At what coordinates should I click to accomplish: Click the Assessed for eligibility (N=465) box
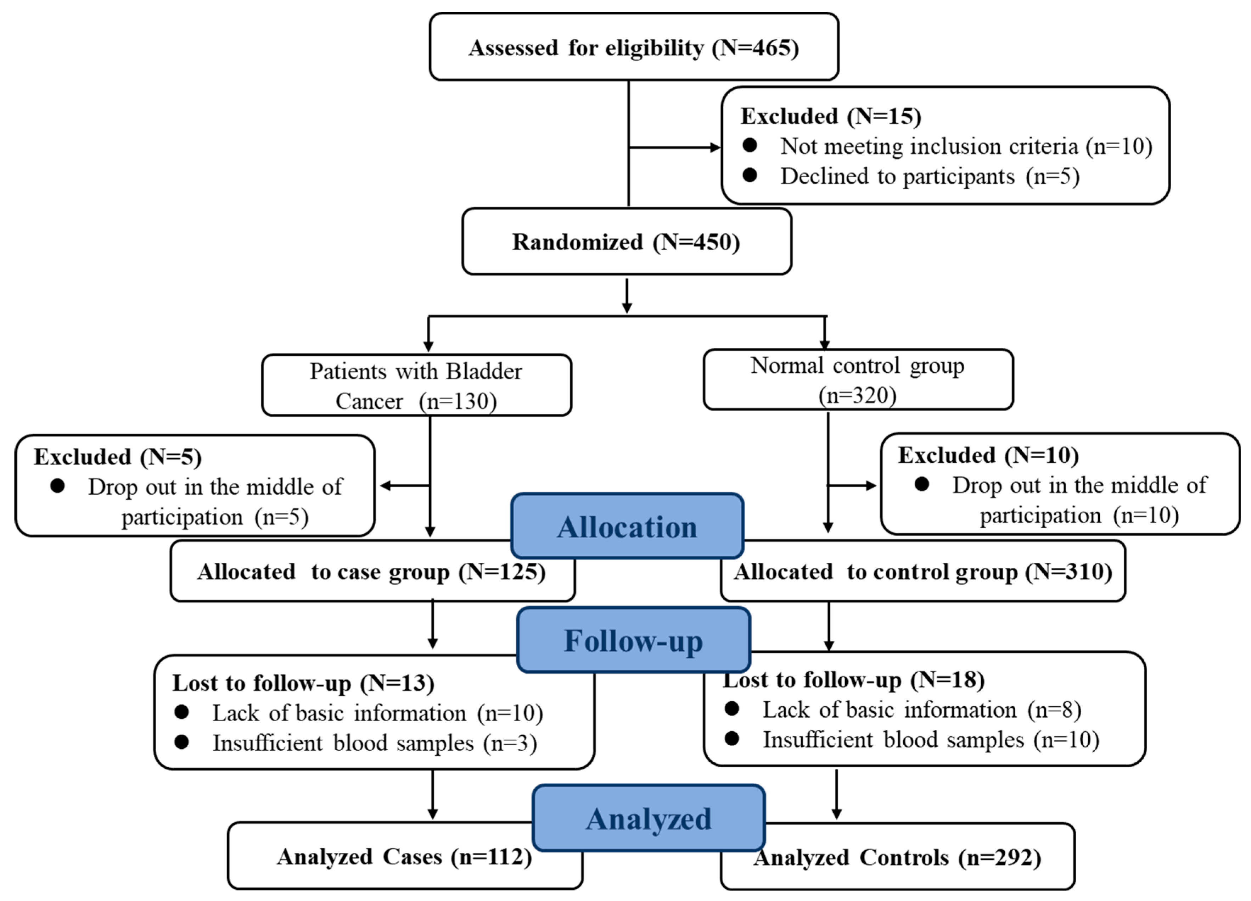pyautogui.click(x=634, y=48)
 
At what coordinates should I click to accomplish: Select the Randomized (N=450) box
pyautogui.click(x=626, y=242)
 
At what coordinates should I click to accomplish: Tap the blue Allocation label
pyautogui.click(x=627, y=526)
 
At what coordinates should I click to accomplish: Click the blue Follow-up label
pyautogui.click(x=633, y=641)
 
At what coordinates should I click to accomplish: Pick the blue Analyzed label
pyautogui.click(x=648, y=819)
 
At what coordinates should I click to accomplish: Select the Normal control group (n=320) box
pyautogui.click(x=858, y=380)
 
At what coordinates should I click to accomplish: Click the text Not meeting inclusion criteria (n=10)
pyautogui.click(x=966, y=146)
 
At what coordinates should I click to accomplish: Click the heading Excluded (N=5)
pyautogui.click(x=118, y=457)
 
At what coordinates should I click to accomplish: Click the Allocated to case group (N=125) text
pyautogui.click(x=371, y=572)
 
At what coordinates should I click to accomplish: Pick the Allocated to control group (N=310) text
pyautogui.click(x=922, y=572)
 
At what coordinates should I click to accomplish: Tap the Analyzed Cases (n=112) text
pyautogui.click(x=404, y=857)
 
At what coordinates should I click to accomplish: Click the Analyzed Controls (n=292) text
pyautogui.click(x=897, y=857)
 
